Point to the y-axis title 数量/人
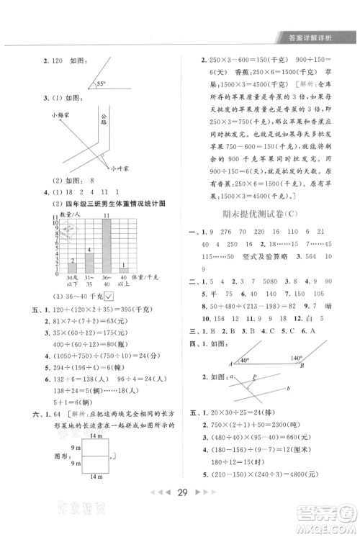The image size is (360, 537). coord(69,215)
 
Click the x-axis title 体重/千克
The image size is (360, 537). coord(148,277)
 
